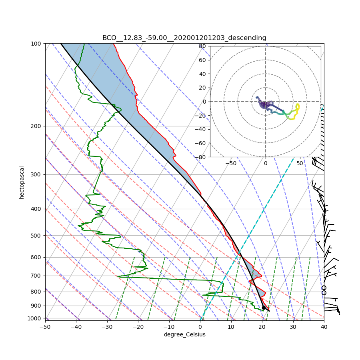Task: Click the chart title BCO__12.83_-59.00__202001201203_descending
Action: tap(184, 38)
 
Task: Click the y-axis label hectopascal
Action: tap(22, 182)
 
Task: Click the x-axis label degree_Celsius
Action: tap(184, 334)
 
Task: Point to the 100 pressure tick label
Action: tap(36, 43)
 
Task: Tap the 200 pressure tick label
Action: tap(36, 126)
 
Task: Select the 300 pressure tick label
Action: tap(36, 174)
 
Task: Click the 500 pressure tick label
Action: tap(36, 235)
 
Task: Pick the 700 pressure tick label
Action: tap(36, 276)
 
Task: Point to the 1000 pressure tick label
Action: tap(35, 318)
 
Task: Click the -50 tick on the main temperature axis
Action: tap(45, 327)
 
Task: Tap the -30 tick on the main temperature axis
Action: tap(107, 327)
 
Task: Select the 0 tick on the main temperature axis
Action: tap(200, 327)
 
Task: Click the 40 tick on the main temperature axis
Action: tap(324, 327)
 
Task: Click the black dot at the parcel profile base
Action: tap(264, 308)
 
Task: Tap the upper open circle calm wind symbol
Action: tap(324, 288)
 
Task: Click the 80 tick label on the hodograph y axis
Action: tap(202, 46)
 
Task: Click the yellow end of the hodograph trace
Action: tap(298, 106)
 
